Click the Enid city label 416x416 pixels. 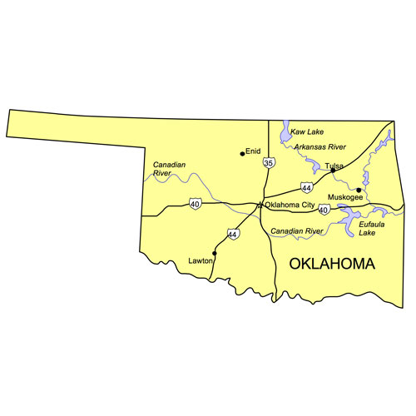click(x=255, y=151)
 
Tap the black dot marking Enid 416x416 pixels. click(x=242, y=153)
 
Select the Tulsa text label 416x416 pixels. click(x=334, y=166)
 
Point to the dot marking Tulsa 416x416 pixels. click(x=333, y=171)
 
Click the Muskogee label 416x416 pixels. click(x=345, y=197)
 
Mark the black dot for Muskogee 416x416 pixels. click(x=359, y=191)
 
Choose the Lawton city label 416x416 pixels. click(x=200, y=260)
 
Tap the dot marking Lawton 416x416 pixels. click(x=215, y=253)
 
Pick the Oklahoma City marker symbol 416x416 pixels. click(x=260, y=205)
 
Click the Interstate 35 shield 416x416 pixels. click(x=268, y=163)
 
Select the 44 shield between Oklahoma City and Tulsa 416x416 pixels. click(x=308, y=188)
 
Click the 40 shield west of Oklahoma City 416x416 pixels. click(x=195, y=204)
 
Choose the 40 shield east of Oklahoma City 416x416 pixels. click(x=323, y=210)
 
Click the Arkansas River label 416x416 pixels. click(x=319, y=147)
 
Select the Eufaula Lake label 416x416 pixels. click(x=372, y=228)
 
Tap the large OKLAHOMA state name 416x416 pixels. click(x=331, y=264)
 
